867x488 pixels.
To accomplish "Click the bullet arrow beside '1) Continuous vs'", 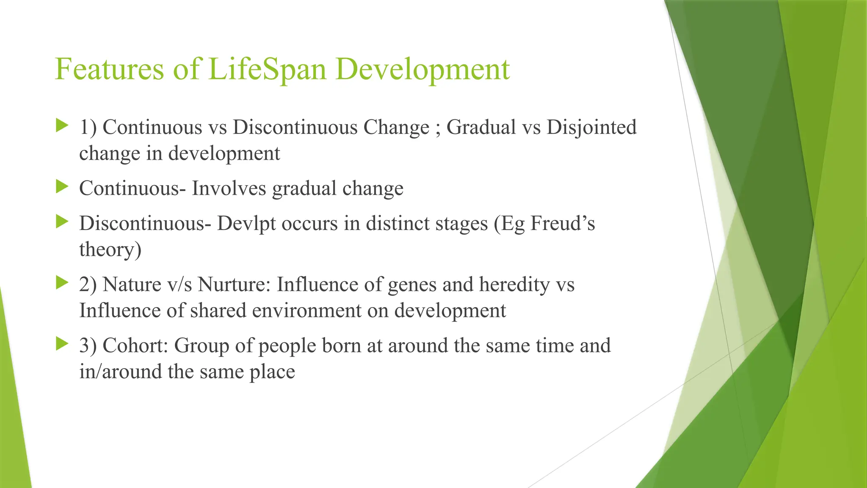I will [62, 125].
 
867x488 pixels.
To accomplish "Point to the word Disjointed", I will [591, 128].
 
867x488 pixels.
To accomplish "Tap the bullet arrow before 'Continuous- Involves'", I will [62, 186].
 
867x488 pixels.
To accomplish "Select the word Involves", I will [229, 188].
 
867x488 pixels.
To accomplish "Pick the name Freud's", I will [562, 223].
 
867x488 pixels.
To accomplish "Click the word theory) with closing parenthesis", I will [110, 250].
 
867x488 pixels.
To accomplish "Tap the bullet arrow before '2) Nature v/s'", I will [62, 283].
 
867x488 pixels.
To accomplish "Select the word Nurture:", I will [234, 284].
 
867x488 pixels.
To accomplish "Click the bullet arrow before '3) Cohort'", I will [62, 344].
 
